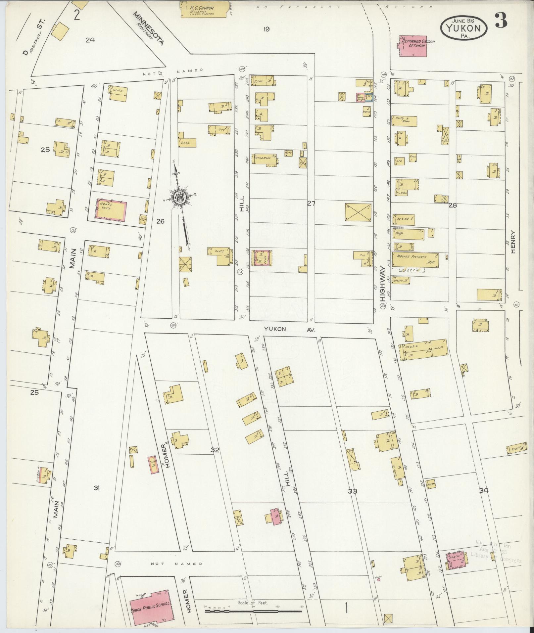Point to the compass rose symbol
tap(180, 198)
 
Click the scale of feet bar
tap(253, 611)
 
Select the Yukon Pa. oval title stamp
tap(463, 28)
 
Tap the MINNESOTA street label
tap(149, 29)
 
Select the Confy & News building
tap(404, 121)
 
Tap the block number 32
tap(215, 450)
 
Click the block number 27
tap(311, 203)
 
